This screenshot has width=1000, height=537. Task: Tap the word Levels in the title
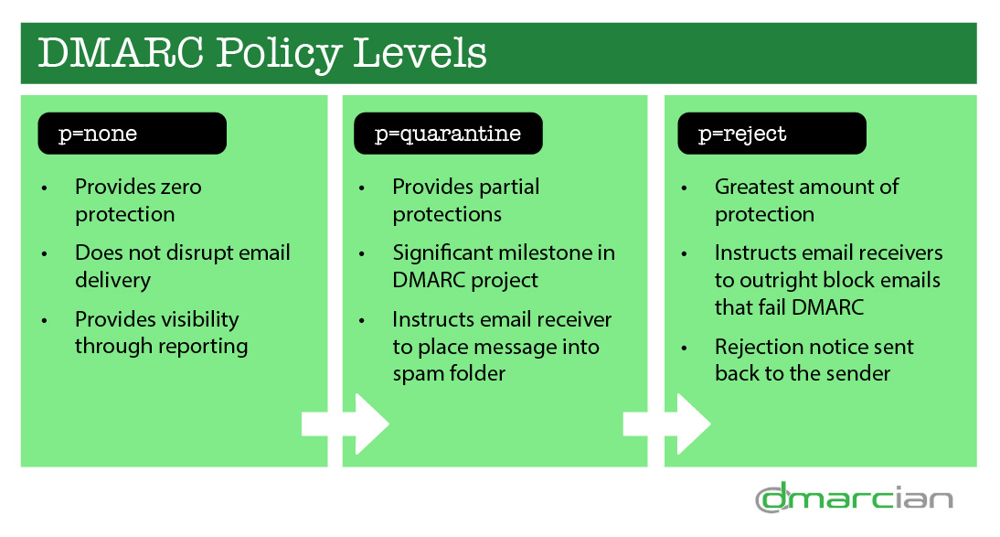tap(420, 52)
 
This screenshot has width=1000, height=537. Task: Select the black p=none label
tap(132, 134)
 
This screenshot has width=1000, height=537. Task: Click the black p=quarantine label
tap(448, 134)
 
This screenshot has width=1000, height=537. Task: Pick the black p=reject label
tap(771, 134)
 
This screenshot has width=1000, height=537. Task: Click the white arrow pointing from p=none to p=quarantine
tap(345, 424)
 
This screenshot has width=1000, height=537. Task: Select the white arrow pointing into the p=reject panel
tap(666, 424)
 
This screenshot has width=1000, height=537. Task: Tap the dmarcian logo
tap(854, 498)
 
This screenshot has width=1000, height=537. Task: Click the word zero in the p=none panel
tap(181, 188)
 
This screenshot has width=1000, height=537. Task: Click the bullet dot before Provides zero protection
tap(44, 188)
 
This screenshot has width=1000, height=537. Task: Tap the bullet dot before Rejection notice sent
tap(685, 349)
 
